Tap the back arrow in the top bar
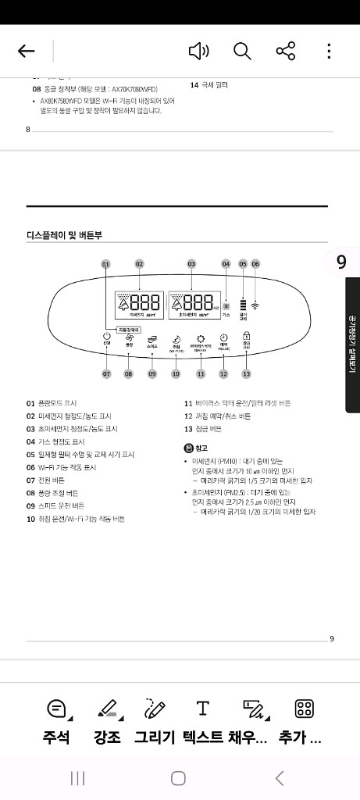(27, 52)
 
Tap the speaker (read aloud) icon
(199, 52)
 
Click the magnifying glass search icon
(242, 52)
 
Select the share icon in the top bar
(286, 52)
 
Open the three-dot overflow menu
(329, 52)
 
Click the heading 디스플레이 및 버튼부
(65, 234)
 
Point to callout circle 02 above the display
(139, 264)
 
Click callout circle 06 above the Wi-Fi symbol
(255, 264)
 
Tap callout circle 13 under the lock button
(247, 374)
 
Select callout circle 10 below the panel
(176, 374)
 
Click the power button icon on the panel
(107, 338)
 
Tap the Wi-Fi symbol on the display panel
(255, 302)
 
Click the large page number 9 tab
(341, 262)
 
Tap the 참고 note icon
(188, 448)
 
